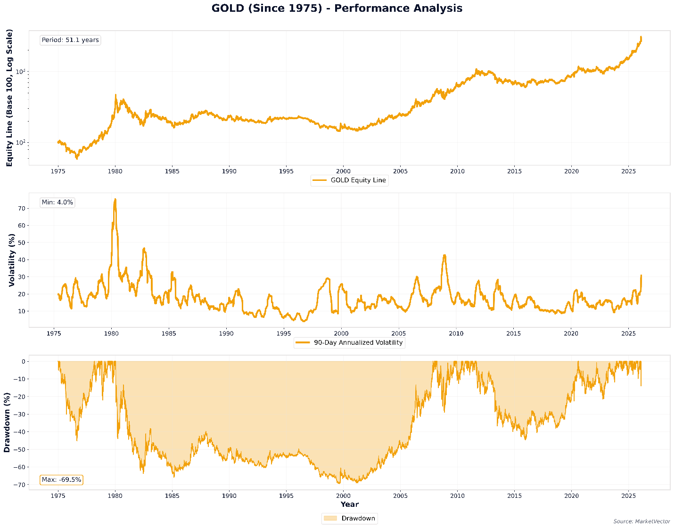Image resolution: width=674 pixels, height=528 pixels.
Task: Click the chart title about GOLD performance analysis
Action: [337, 8]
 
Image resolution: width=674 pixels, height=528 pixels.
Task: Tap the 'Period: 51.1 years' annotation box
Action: [70, 40]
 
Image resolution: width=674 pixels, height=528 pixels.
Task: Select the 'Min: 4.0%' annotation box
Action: [57, 203]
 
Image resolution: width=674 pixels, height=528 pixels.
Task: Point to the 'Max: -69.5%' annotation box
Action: [61, 480]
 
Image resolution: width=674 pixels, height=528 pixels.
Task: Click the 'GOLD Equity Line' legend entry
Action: [349, 180]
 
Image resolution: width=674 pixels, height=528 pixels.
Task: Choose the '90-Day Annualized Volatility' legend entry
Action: [349, 342]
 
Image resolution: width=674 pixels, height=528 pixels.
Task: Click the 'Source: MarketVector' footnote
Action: [642, 521]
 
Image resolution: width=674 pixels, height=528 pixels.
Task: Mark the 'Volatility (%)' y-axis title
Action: [12, 260]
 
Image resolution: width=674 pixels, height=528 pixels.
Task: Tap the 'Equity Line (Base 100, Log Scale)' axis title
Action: [9, 97]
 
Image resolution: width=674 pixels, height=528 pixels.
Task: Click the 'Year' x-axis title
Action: [349, 504]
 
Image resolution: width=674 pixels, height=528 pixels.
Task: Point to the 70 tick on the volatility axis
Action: [21, 208]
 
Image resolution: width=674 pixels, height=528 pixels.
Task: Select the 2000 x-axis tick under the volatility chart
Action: [341, 334]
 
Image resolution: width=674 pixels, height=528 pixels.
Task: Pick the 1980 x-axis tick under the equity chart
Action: [115, 171]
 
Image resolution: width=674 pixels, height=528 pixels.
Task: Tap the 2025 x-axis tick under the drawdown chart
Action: [628, 496]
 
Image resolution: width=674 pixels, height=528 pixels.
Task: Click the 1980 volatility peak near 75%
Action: [115, 199]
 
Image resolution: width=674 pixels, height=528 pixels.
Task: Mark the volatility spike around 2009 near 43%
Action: [444, 255]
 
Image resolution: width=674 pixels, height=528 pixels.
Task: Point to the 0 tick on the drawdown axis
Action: [23, 361]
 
